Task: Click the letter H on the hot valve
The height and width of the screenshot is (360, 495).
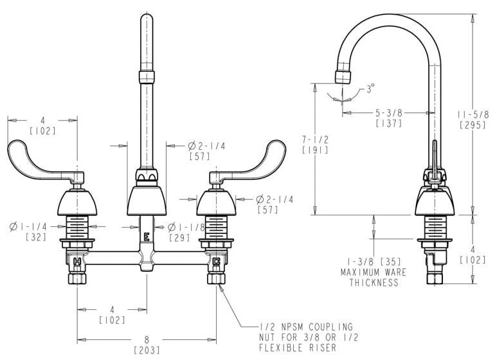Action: [77, 261]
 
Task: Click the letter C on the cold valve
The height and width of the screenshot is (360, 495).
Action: [216, 262]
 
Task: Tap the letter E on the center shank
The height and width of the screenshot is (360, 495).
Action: [147, 237]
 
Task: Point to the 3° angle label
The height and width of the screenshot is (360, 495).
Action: [370, 88]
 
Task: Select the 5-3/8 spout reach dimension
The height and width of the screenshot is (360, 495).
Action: [389, 113]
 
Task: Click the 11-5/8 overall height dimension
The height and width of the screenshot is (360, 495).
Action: [473, 114]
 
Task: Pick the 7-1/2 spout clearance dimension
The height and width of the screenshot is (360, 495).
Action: [315, 139]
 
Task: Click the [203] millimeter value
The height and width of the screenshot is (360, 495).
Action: [147, 350]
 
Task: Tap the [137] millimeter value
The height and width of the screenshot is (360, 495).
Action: [389, 123]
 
